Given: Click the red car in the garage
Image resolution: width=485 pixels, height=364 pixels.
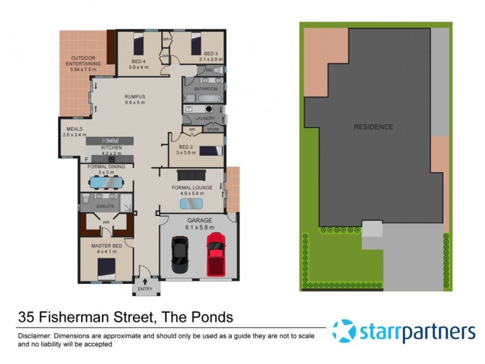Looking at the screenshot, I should click(216, 253).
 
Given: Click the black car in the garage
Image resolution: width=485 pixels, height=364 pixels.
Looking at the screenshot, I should click(180, 255).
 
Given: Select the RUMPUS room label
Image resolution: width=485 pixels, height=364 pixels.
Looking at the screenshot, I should click(135, 96).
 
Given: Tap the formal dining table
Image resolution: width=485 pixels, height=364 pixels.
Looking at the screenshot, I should click(105, 181).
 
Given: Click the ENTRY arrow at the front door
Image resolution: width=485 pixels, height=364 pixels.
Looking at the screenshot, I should click(144, 282).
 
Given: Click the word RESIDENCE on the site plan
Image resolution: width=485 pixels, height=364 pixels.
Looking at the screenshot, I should click(373, 127).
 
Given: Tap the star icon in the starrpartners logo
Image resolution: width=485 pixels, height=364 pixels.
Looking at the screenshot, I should click(344, 331).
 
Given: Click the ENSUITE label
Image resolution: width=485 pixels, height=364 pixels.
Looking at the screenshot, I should click(105, 206).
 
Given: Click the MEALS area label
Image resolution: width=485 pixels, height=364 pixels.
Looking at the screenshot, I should click(74, 129).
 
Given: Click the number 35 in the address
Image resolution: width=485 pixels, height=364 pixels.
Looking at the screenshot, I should click(27, 317).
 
